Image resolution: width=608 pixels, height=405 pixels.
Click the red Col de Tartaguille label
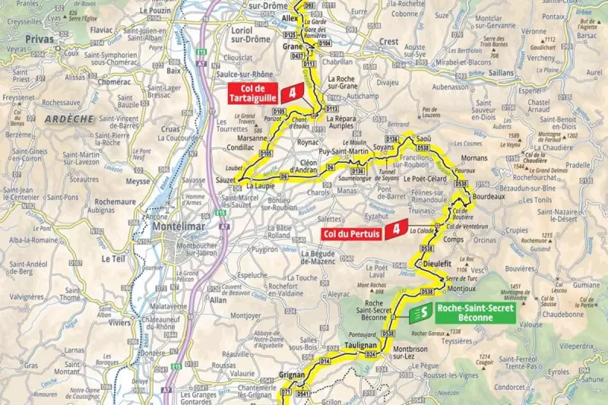253,94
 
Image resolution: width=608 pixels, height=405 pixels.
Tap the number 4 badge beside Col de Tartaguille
291,94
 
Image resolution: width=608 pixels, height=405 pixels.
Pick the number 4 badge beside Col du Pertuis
395,229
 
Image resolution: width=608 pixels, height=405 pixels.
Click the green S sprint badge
417,313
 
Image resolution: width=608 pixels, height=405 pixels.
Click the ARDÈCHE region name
68,119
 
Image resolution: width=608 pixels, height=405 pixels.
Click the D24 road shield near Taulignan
372,354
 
